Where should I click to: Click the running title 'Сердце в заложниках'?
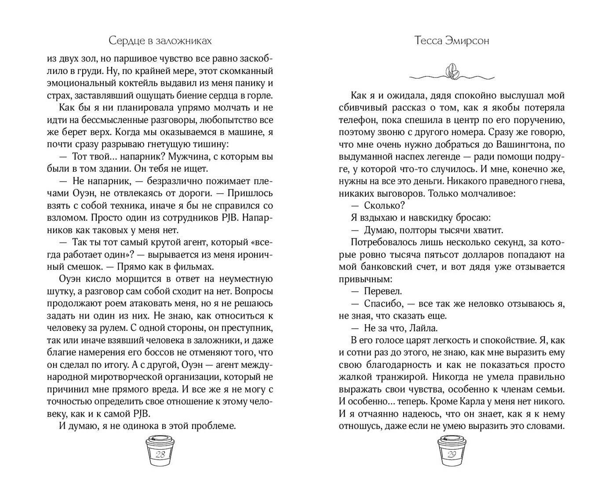pos(160,41)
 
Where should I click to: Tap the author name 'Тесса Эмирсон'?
pos(452,41)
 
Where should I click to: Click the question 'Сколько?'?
pos(384,205)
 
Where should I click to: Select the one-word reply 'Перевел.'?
pos(383,291)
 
